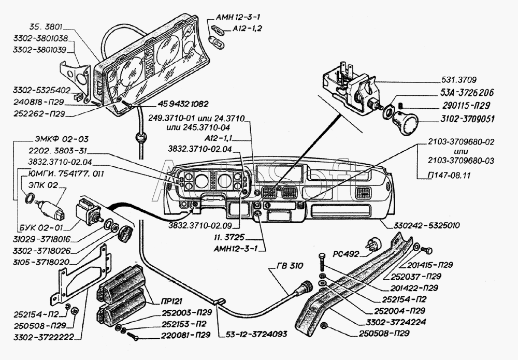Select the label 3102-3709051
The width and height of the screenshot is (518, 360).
point(468,119)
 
